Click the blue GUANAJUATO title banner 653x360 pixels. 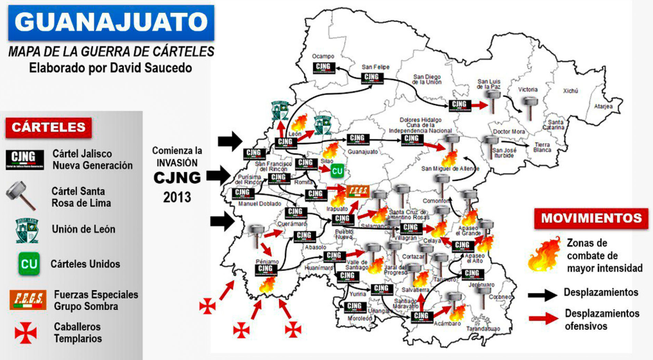pos(110,22)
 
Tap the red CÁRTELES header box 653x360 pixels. pos(49,127)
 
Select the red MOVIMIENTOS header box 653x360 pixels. pos(590,218)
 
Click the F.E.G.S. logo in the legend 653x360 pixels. pos(28,300)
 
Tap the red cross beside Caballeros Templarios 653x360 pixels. pos(26,332)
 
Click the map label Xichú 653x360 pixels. pos(570,91)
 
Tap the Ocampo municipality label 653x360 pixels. pos(323,56)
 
